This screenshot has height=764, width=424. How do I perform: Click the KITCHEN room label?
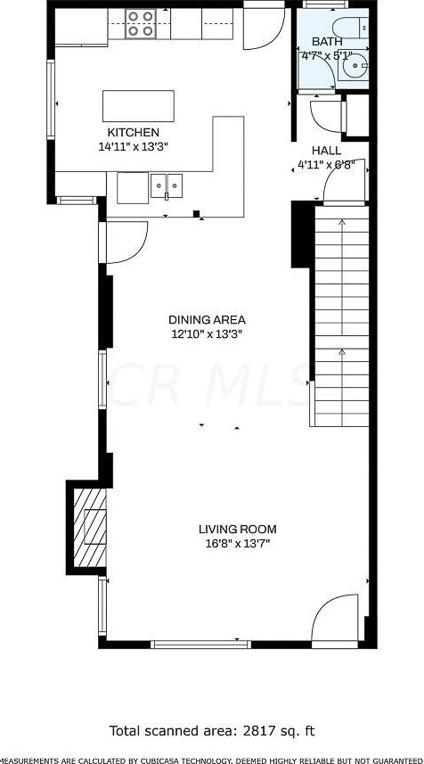pyautogui.click(x=133, y=133)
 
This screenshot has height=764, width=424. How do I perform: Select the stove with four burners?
pyautogui.click(x=138, y=23)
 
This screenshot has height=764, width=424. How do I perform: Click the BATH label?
pyautogui.click(x=326, y=42)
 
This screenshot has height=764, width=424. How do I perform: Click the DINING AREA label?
pyautogui.click(x=207, y=319)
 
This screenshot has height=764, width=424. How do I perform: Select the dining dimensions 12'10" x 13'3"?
pyautogui.click(x=207, y=333)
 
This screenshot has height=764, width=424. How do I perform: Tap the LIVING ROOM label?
pyautogui.click(x=237, y=528)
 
